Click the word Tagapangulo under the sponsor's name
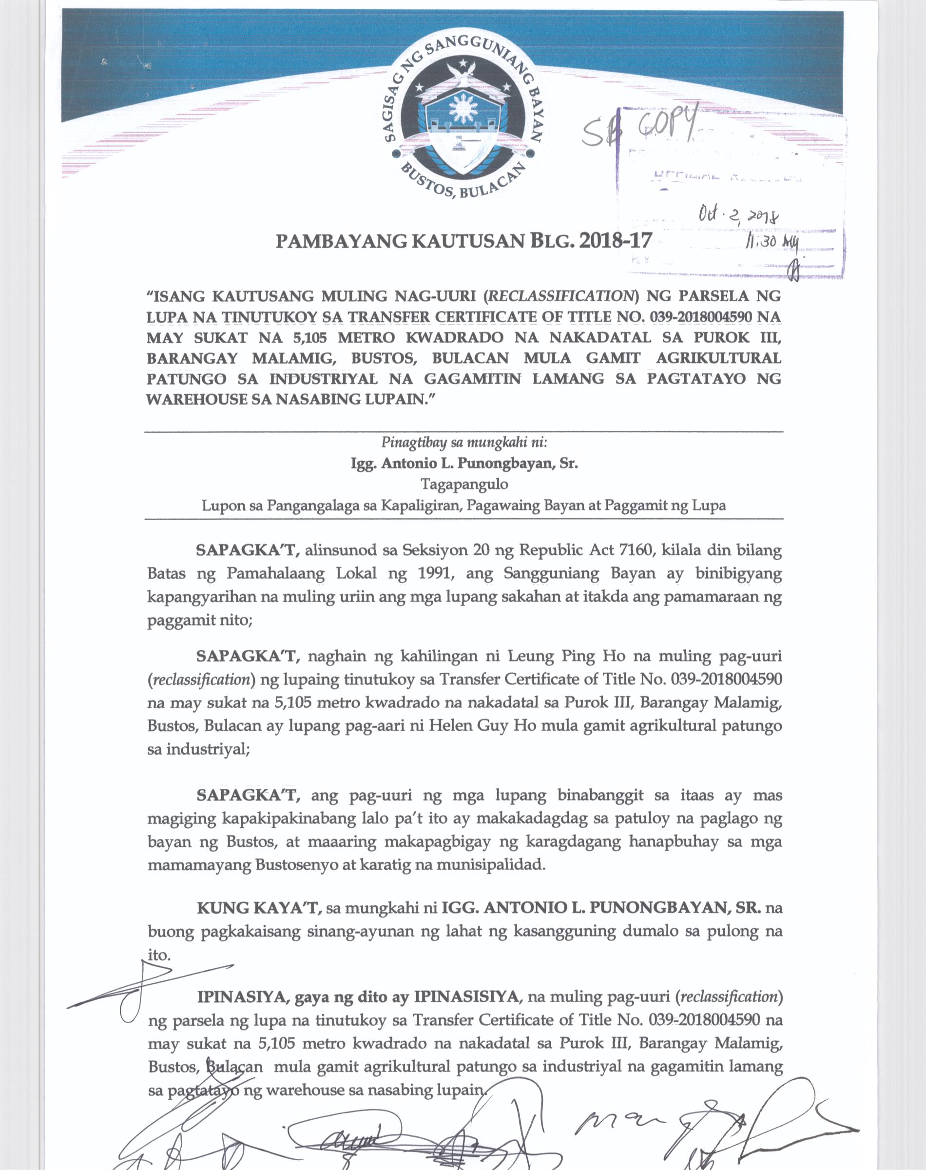(464, 484)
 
